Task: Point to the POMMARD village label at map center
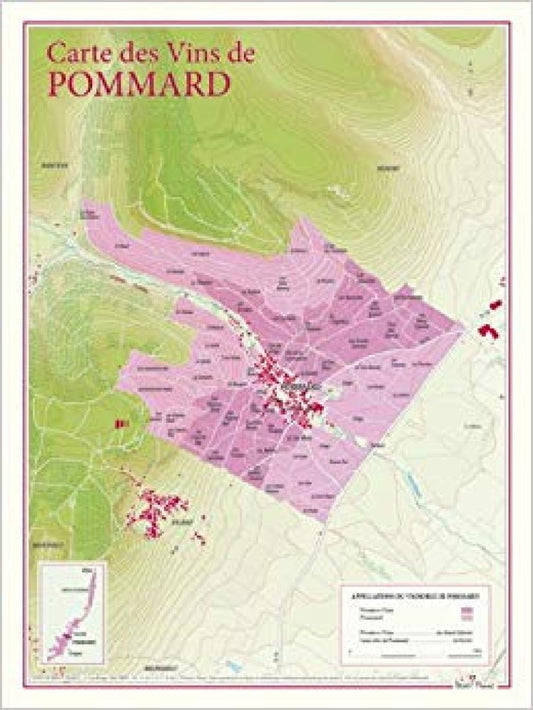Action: click(298, 383)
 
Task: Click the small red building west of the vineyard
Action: click(123, 424)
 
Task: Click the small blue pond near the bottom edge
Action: click(232, 662)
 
